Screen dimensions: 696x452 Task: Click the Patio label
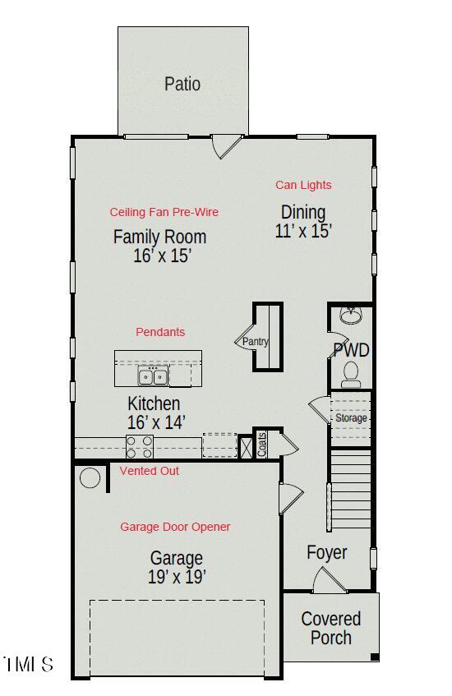tap(182, 84)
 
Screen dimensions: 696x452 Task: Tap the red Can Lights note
tap(303, 185)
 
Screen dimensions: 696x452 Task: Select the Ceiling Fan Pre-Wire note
tap(164, 212)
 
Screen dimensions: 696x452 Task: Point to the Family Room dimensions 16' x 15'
tap(162, 256)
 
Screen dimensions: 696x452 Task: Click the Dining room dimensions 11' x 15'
tap(303, 231)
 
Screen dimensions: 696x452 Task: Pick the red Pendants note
tap(160, 332)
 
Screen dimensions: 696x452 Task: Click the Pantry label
tap(255, 342)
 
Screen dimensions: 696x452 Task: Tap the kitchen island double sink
tap(153, 376)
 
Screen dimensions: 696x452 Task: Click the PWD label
tap(351, 351)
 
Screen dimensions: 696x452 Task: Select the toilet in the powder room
tap(351, 374)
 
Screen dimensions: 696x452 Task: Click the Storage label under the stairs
tap(351, 418)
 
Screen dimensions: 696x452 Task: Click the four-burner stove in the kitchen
tap(140, 446)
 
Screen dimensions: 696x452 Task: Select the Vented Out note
tap(150, 471)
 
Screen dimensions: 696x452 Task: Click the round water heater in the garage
tap(90, 477)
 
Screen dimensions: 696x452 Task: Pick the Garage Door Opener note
tap(175, 527)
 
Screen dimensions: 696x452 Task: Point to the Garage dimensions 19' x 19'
tap(176, 577)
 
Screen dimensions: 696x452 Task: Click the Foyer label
tap(327, 552)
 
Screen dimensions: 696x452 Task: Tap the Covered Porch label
tap(330, 628)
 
